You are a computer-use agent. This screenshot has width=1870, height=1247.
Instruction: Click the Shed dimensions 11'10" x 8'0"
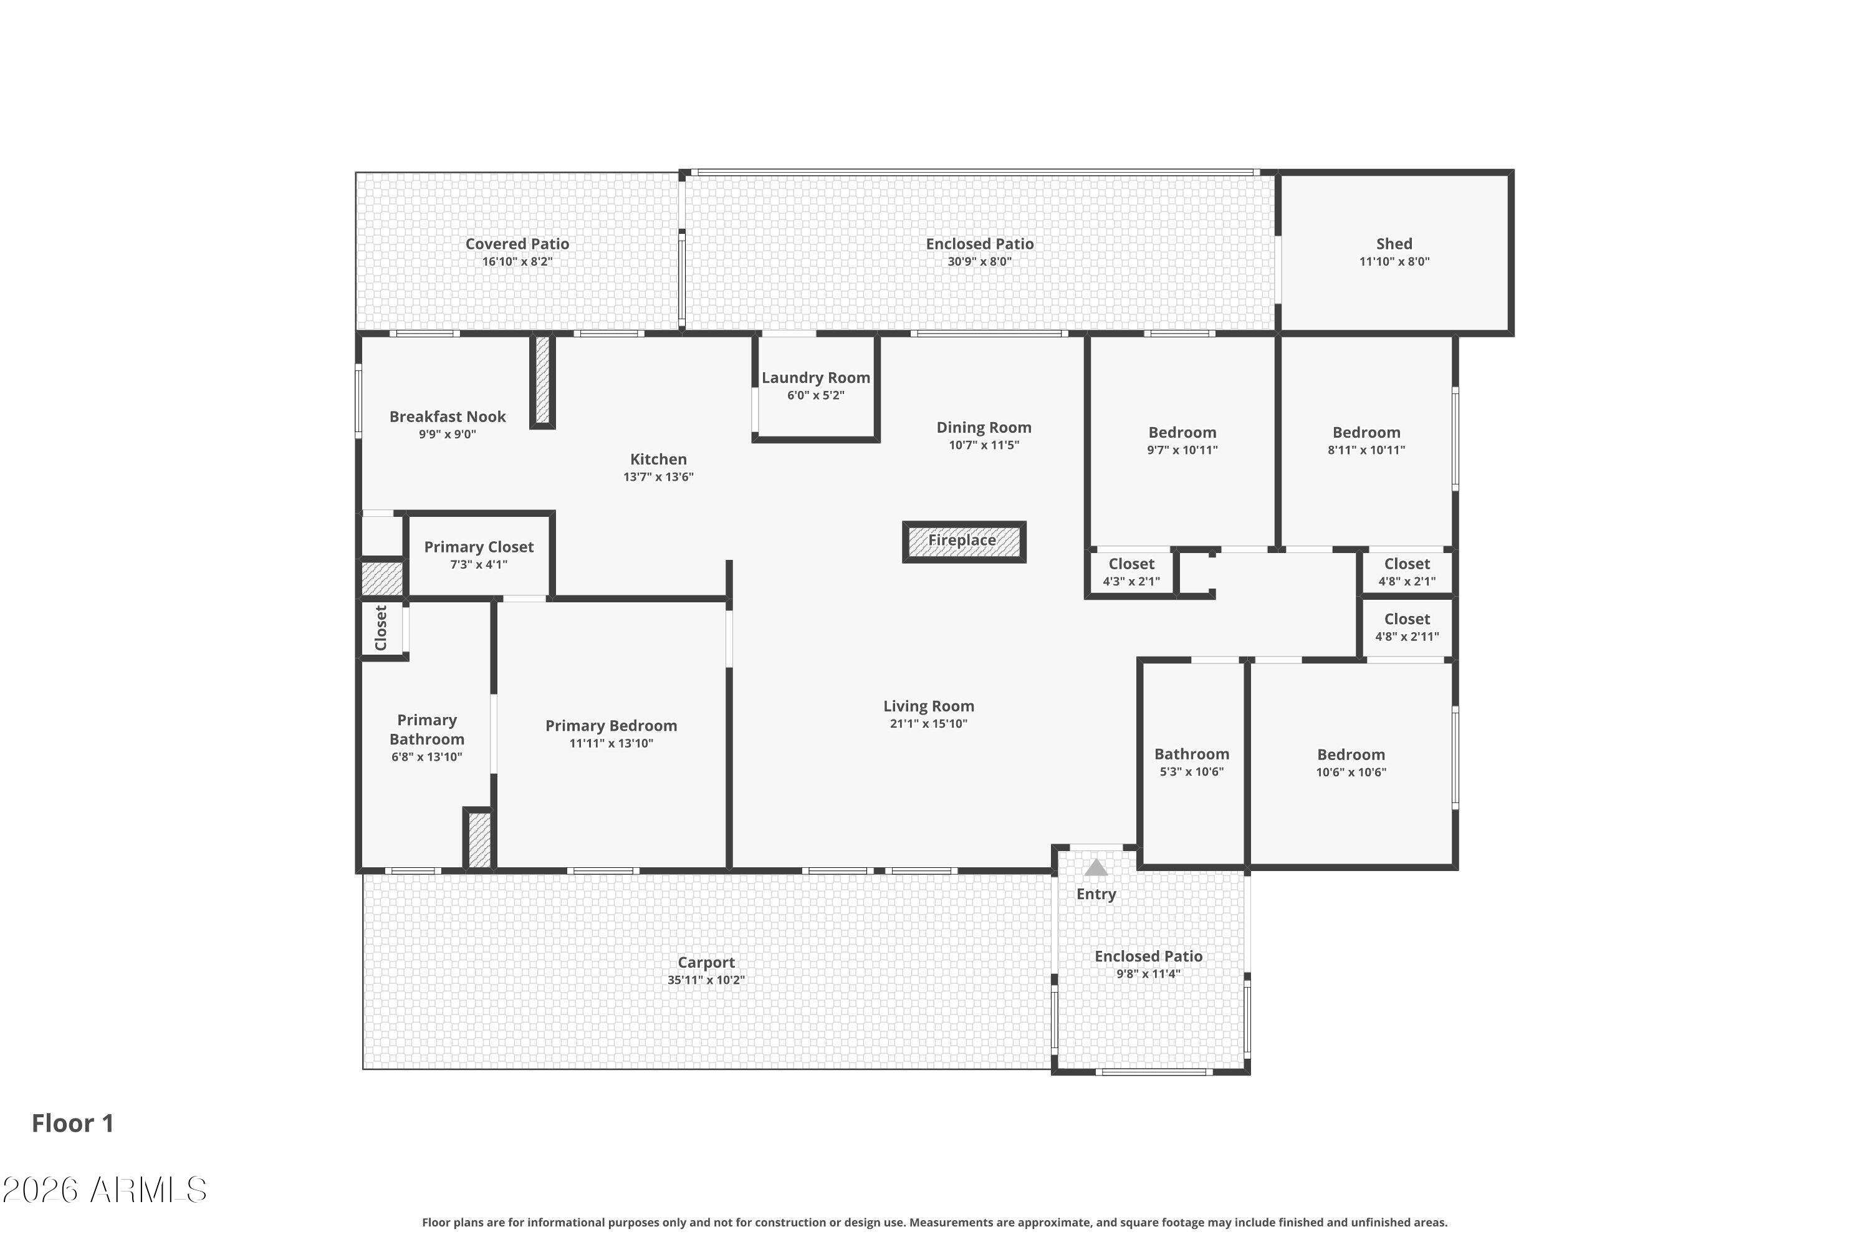coord(1394,262)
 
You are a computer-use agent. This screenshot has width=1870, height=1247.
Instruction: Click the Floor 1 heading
coord(72,1123)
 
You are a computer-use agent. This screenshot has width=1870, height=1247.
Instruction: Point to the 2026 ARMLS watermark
coord(104,1190)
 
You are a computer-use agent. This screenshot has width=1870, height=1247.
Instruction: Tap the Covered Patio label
coord(517,244)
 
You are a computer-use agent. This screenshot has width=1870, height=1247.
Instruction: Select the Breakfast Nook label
coord(447,416)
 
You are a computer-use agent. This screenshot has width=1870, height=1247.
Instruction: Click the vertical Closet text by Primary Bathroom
coord(381,627)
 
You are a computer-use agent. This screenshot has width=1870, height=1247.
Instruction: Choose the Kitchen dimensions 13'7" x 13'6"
coord(658,477)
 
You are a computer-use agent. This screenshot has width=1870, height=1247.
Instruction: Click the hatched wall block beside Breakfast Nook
coord(542,380)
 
